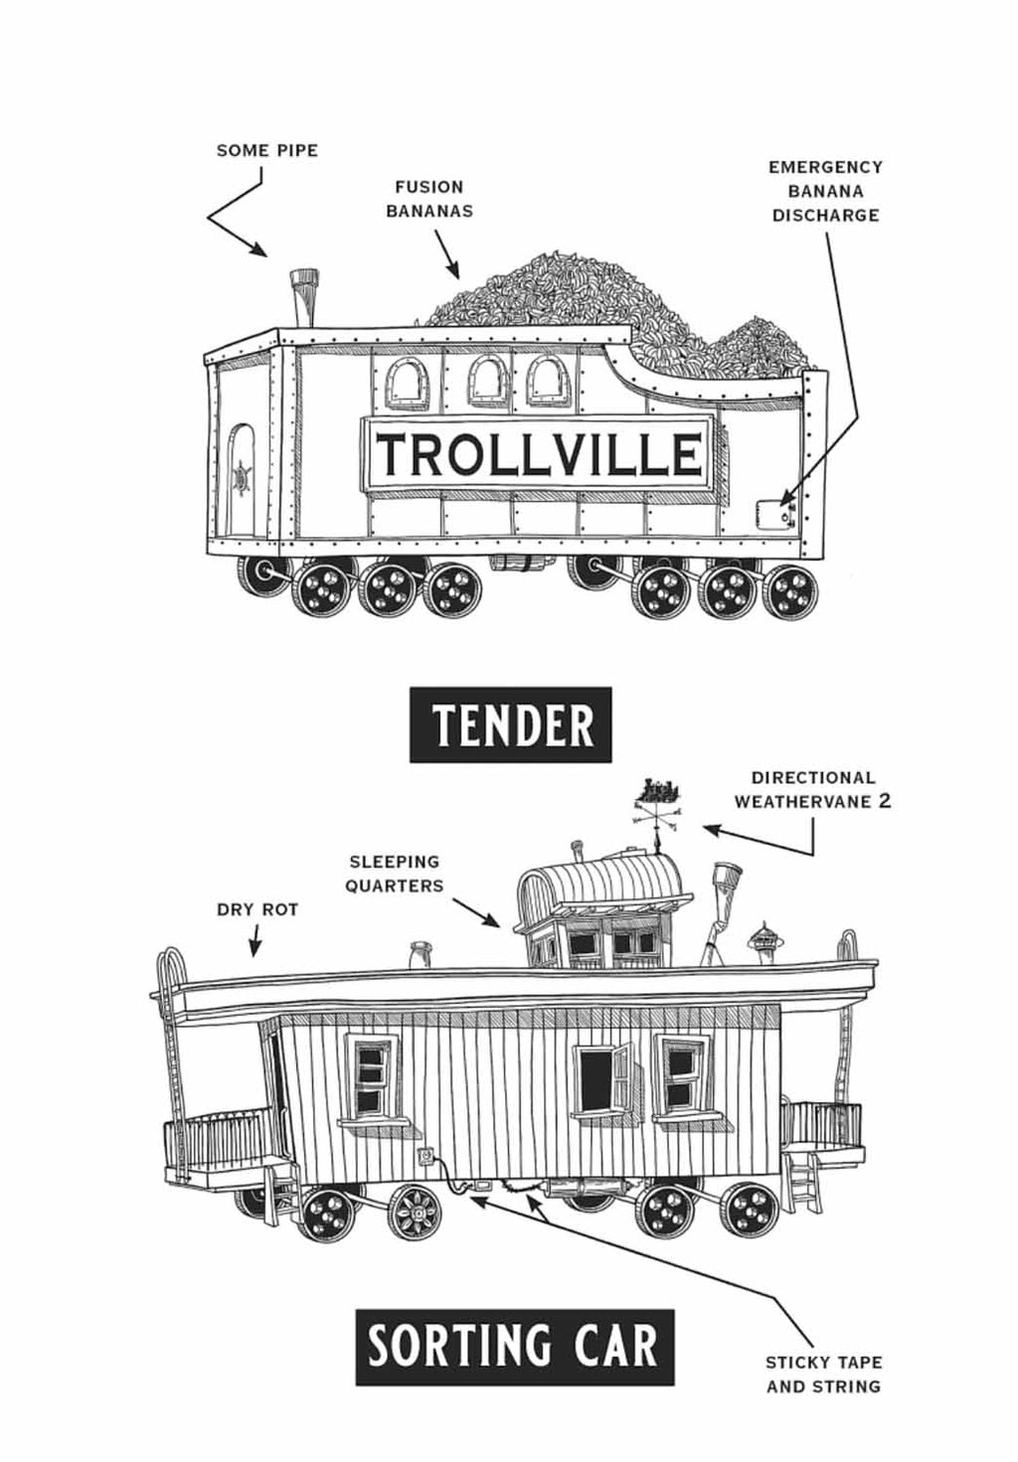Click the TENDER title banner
511,725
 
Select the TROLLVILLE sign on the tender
540,453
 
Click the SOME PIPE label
267,151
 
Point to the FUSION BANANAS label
429,199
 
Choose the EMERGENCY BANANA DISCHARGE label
825,191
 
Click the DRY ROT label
257,909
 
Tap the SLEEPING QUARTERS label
395,874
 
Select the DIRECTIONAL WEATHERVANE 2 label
813,789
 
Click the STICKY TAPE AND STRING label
824,1373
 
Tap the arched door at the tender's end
241,480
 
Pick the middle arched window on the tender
484,382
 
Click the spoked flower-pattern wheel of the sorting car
415,1213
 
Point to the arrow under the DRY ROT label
255,942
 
